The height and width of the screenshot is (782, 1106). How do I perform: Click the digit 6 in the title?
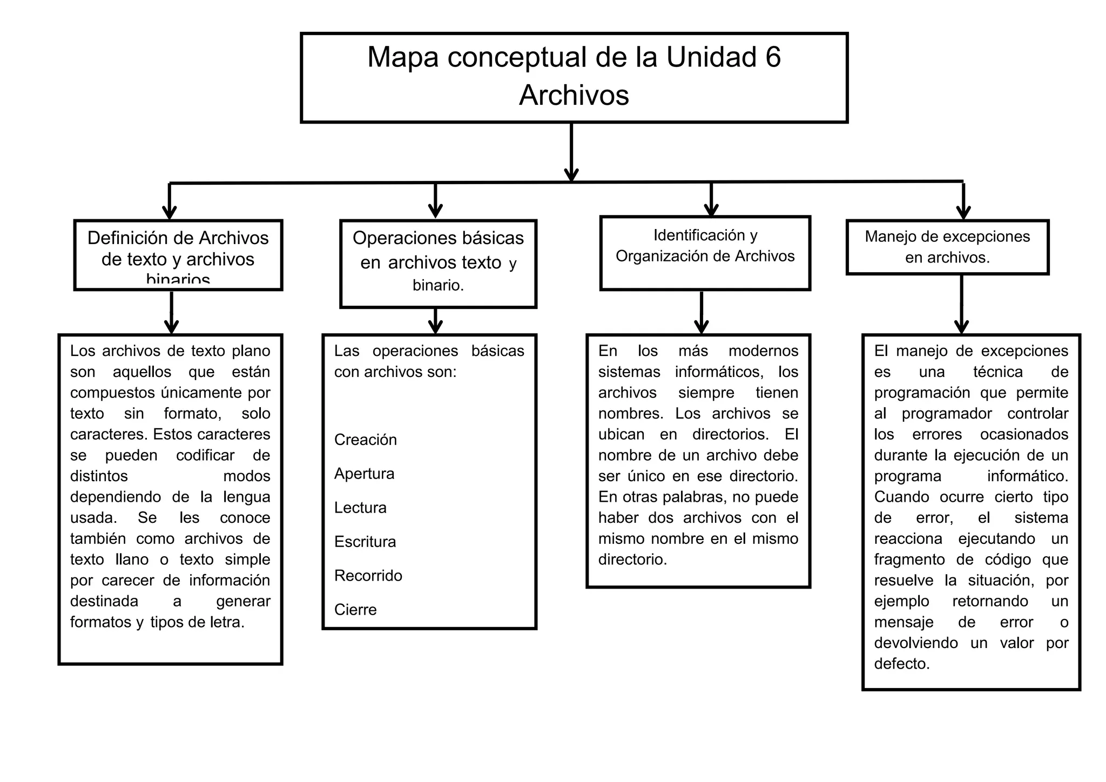773,57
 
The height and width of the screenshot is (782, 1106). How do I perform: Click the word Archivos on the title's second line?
574,96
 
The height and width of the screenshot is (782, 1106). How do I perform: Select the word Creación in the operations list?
365,440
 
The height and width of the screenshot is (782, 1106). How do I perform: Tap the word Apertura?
364,474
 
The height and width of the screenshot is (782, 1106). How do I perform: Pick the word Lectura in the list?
360,508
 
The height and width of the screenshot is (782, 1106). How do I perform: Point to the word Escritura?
365,542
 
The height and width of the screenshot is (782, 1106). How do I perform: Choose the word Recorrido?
368,576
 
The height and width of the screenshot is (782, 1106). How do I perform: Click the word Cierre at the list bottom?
355,610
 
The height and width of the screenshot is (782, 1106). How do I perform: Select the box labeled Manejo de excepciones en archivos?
947,247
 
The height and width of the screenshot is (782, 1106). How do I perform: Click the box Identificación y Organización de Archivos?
705,253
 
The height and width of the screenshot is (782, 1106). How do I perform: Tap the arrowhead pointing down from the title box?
571,174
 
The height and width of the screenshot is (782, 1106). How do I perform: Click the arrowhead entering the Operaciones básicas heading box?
435,211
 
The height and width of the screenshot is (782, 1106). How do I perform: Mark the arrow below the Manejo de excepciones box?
961,325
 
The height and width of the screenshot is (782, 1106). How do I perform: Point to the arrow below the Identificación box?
701,325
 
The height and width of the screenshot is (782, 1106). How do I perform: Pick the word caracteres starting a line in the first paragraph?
109,434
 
